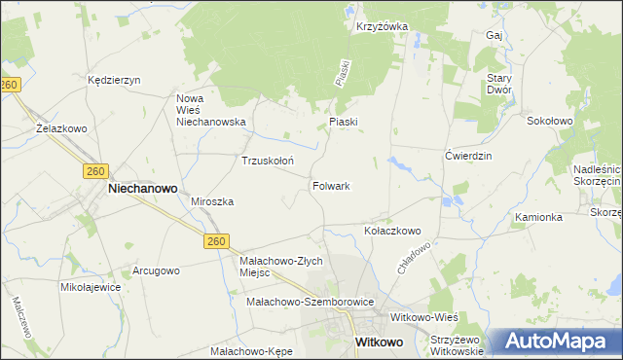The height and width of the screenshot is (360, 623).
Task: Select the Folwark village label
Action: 331,185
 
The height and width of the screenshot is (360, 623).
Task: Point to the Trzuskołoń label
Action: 268,161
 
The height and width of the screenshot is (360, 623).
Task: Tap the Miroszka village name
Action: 212,201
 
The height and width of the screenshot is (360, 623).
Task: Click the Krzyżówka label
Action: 382,27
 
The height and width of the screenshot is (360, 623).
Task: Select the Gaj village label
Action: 493,35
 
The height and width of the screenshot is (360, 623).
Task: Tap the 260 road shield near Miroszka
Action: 216,240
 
